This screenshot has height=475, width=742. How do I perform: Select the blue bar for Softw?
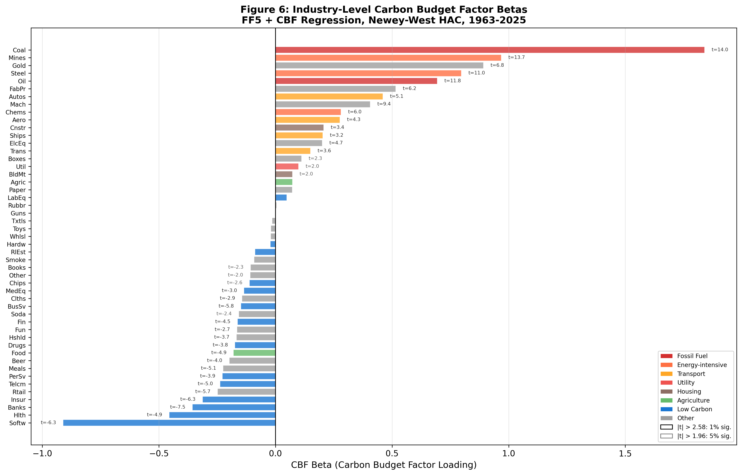(x=169, y=423)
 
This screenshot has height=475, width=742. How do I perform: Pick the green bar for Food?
(x=254, y=353)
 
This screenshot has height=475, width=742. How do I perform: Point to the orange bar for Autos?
(x=329, y=97)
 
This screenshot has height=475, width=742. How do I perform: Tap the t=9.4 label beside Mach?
(x=384, y=104)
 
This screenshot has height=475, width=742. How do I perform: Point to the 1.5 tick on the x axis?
(x=625, y=454)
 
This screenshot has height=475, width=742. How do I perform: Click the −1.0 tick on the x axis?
(x=42, y=454)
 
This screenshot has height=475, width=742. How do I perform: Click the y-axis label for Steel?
(x=18, y=73)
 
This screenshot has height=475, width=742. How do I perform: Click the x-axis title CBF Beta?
(x=384, y=465)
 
